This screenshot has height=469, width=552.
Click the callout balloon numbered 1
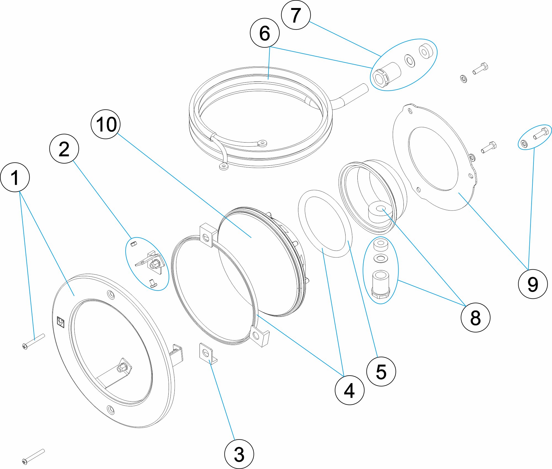[15, 177]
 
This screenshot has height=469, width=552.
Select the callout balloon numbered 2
[64, 149]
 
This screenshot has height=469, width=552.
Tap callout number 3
[239, 454]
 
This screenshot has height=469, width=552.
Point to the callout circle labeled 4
[349, 390]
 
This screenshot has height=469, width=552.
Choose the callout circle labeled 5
[381, 371]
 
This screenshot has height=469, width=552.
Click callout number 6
[264, 33]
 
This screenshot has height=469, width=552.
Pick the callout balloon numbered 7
[296, 15]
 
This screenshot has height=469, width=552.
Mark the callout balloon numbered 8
[475, 317]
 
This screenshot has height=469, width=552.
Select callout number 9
[533, 284]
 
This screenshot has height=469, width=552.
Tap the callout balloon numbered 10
[105, 124]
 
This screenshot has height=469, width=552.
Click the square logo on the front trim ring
[60, 322]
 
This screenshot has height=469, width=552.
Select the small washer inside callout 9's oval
[524, 144]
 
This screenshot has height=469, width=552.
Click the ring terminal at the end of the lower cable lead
[223, 167]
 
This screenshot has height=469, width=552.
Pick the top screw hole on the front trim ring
[111, 295]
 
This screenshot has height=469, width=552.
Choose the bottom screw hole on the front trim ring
[110, 409]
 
